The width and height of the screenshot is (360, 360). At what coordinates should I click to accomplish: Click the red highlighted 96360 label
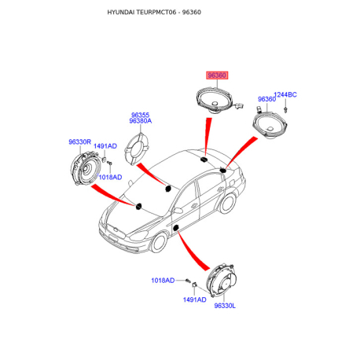tap(217, 75)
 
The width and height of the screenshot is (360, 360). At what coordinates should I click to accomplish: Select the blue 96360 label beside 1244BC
tap(266, 99)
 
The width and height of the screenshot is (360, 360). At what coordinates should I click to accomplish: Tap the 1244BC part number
tap(285, 94)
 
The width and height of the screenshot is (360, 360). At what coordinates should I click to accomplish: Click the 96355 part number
tap(140, 115)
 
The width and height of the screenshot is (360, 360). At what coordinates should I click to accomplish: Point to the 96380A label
tap(141, 121)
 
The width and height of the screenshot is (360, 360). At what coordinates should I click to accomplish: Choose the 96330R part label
tap(79, 141)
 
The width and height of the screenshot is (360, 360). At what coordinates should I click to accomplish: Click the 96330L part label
tap(225, 306)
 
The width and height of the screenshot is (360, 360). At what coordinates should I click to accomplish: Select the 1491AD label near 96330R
tap(105, 146)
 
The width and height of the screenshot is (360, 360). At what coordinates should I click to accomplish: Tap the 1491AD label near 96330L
tap(194, 299)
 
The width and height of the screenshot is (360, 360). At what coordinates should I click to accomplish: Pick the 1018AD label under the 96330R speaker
tap(110, 177)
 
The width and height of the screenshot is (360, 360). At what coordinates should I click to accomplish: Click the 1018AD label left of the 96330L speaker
tap(163, 281)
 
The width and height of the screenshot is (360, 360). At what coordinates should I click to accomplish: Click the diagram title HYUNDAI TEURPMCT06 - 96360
tap(154, 12)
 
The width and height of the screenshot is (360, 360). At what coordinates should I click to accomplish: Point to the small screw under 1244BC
tap(285, 110)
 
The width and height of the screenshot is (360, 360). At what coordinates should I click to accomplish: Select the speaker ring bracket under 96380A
tap(136, 149)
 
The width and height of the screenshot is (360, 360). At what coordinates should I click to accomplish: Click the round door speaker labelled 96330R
tap(86, 168)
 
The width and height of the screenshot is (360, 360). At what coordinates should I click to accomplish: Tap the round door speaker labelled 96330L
tap(222, 281)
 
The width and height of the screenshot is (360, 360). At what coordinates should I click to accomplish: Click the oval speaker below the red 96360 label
tap(214, 101)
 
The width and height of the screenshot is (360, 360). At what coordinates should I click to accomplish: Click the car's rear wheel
tap(227, 204)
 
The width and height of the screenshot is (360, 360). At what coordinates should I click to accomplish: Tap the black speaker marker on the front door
tap(176, 227)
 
